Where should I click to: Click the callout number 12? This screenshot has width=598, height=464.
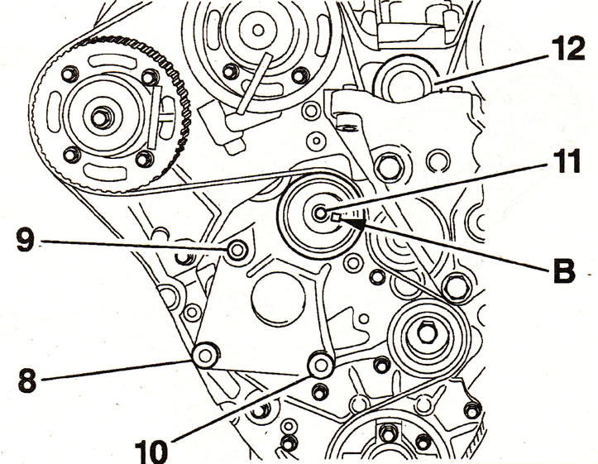(567, 49)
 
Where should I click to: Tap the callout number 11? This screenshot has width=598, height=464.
(563, 161)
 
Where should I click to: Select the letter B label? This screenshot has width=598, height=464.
(564, 270)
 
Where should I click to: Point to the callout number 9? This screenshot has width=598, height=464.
(25, 239)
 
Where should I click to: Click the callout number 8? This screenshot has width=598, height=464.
(27, 380)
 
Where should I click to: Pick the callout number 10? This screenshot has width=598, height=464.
(151, 452)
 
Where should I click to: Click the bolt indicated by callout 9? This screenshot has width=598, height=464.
(237, 251)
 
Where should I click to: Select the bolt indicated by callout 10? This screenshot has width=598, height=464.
(321, 365)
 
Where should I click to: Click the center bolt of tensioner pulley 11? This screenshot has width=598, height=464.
(320, 213)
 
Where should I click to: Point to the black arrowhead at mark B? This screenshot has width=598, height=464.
(356, 224)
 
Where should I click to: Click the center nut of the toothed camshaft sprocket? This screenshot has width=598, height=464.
(100, 118)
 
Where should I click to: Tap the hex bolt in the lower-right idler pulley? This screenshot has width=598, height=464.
(426, 332)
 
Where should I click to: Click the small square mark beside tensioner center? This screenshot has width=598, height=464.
(337, 218)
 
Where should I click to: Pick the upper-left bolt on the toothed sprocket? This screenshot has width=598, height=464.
(69, 74)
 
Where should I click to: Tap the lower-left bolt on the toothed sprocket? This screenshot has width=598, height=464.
(71, 155)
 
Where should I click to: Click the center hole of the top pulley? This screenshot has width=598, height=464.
(258, 30)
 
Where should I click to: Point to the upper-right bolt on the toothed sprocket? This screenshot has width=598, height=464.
(150, 77)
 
